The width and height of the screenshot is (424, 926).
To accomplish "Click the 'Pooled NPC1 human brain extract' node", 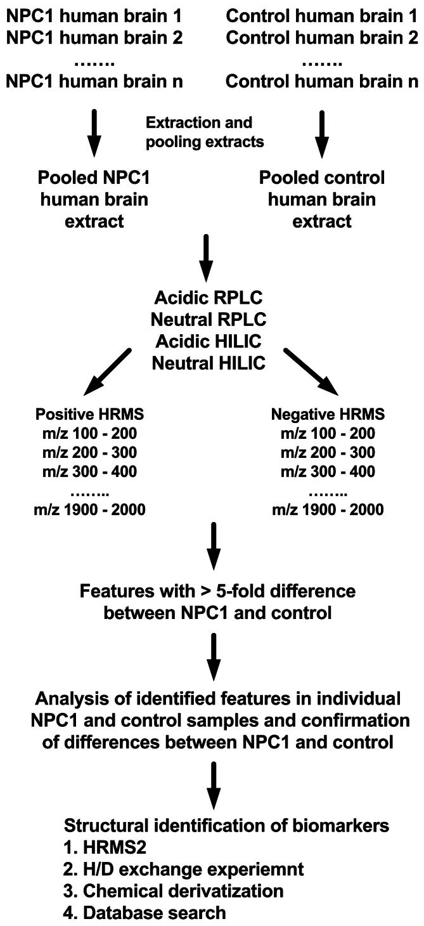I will click(94, 199).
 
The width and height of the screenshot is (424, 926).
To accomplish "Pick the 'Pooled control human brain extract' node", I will click(321, 199).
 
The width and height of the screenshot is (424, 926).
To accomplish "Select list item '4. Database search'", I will click(145, 912).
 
